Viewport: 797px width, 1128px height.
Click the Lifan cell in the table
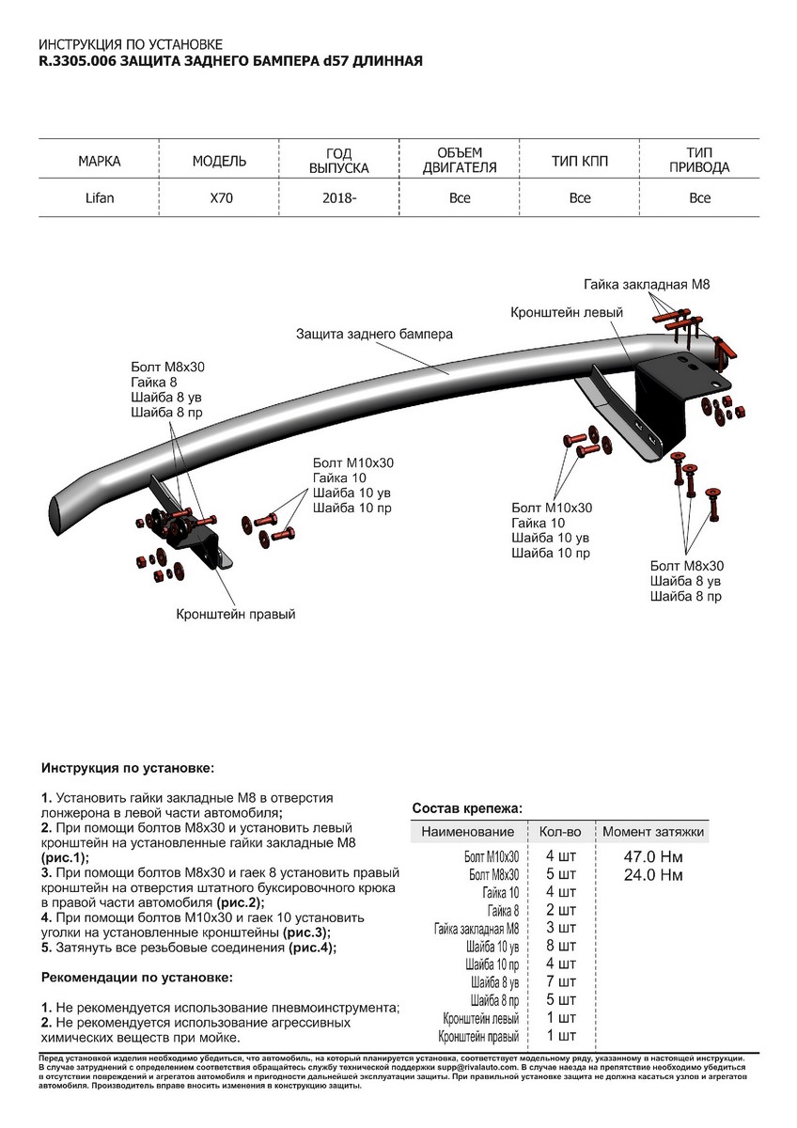pos(100,198)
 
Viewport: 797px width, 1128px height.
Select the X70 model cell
pos(219,198)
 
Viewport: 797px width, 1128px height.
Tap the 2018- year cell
pos(339,198)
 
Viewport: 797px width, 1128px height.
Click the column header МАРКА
pos(100,162)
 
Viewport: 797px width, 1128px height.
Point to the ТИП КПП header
pos(579,162)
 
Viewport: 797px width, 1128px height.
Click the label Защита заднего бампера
pos(374,334)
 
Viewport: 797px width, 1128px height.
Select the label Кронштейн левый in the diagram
pos(567,310)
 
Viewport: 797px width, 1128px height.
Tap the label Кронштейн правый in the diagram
pos(236,614)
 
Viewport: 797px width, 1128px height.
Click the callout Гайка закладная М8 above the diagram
pos(646,283)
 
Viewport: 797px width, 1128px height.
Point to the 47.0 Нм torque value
pos(653,857)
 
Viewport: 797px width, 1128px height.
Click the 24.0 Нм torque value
pos(653,875)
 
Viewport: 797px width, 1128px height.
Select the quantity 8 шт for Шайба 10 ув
pos(560,947)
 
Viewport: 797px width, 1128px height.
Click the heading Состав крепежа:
pos(467,808)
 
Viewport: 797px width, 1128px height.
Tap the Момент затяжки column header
pos(653,832)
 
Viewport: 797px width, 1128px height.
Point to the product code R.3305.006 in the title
pos(77,61)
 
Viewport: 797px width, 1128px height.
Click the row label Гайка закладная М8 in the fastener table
pos(476,929)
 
